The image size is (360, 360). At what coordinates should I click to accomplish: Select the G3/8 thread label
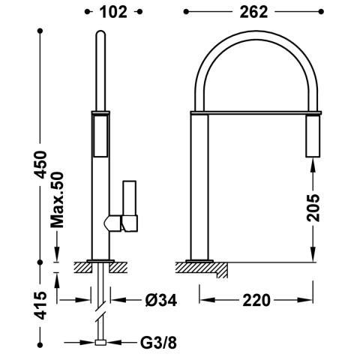[159, 343]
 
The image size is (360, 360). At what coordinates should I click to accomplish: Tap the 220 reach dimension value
[255, 301]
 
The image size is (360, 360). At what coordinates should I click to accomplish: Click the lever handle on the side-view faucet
[128, 203]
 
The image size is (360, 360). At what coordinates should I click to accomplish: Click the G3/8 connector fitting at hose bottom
[100, 343]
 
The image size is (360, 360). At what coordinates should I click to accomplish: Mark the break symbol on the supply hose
[100, 304]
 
